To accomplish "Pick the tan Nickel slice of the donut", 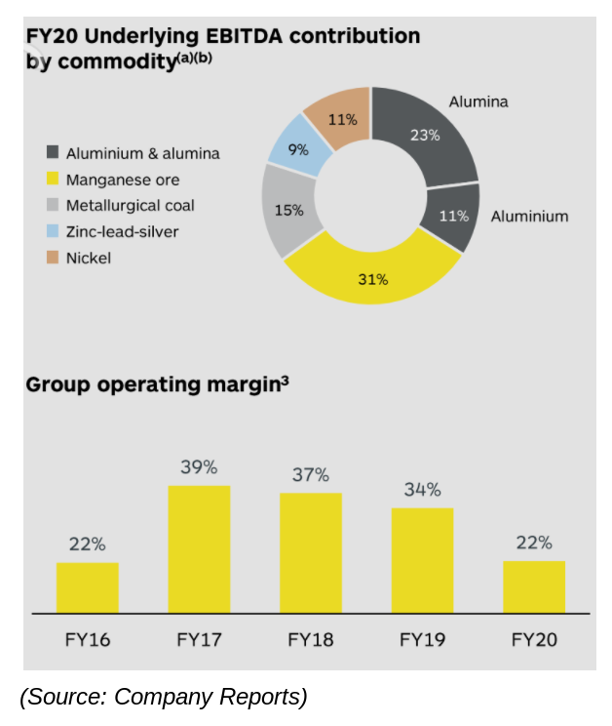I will pos(339,119).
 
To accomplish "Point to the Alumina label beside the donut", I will pos(478,101).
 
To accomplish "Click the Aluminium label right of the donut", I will pos(529,216).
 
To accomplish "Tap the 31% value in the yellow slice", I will pos(372,280).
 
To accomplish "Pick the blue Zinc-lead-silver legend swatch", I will pos(52,232).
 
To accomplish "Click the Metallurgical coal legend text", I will pos(130,206).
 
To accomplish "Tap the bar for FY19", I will pos(422,560).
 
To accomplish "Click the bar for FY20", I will pos(534,586).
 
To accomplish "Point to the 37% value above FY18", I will pos(311,475).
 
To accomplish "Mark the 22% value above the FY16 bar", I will pos(87,544).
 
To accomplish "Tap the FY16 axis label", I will pos(88,641).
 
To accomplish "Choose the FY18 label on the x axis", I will pos(311,641).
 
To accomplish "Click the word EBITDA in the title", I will pos(245,37).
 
